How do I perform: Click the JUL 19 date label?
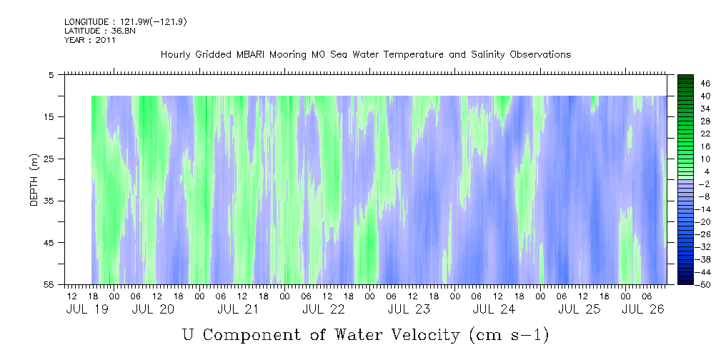(x=84, y=309)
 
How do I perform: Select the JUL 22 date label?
(x=324, y=309)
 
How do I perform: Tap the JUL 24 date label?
(x=494, y=309)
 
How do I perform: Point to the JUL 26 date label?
(x=644, y=309)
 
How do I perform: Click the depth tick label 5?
(x=51, y=74)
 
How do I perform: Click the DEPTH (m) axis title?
(x=34, y=184)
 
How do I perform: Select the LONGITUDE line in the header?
(x=125, y=22)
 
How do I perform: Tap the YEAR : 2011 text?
(x=89, y=40)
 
